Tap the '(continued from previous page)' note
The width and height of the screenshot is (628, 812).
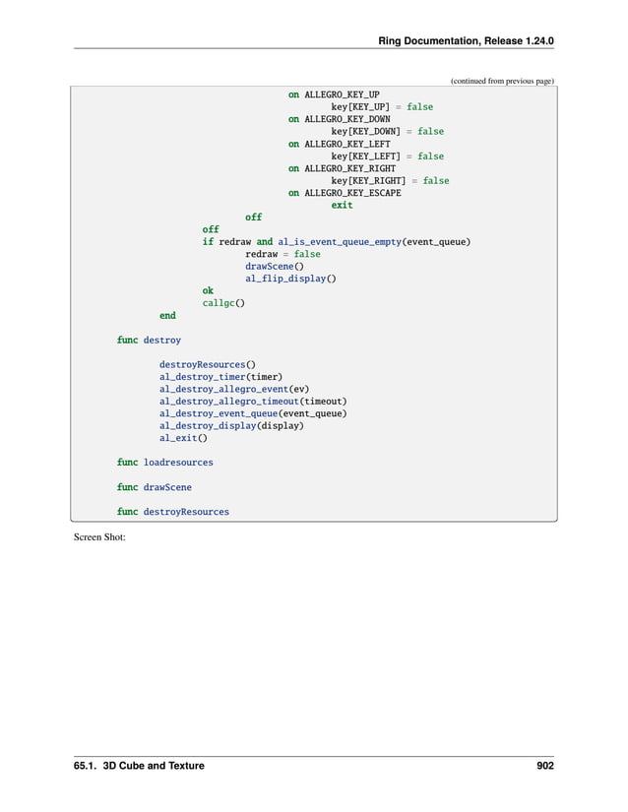(x=502, y=81)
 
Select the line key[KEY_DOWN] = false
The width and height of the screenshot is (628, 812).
(x=387, y=131)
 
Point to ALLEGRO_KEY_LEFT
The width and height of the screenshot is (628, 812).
(x=346, y=144)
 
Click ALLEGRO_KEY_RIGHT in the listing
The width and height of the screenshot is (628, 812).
(x=349, y=168)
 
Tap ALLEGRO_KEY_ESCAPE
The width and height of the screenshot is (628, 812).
(x=352, y=193)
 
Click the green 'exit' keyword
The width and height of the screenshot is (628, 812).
(x=342, y=205)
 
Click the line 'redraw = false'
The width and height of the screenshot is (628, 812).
(x=283, y=254)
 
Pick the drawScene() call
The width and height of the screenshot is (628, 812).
(x=274, y=266)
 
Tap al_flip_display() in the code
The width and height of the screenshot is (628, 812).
(x=290, y=279)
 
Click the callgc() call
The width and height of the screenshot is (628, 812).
(x=223, y=303)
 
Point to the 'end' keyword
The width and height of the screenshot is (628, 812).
(x=167, y=316)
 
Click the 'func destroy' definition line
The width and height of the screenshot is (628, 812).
(x=149, y=341)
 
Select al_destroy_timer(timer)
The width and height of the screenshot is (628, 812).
(x=220, y=377)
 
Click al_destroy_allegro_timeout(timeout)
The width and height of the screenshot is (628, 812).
(x=253, y=402)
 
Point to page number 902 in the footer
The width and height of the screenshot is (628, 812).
(x=545, y=766)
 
